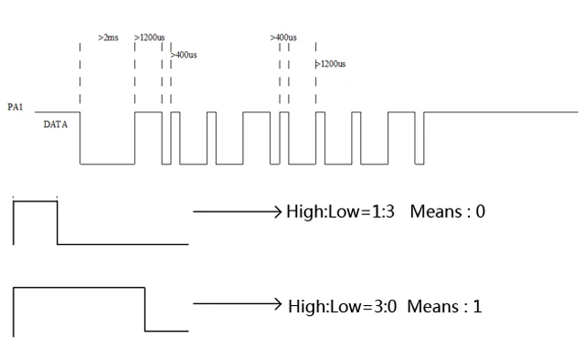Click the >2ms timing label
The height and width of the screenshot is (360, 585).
107,38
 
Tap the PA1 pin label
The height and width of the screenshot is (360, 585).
14,107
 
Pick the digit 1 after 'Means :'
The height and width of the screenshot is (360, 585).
477,306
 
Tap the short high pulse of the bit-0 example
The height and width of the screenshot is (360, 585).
35,201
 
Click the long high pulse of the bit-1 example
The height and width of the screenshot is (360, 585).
79,287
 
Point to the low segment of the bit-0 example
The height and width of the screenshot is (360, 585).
122,243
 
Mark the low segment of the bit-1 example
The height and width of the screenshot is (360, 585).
166,330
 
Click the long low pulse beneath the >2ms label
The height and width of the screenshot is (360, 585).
107,164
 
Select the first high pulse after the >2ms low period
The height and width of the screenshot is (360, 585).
148,112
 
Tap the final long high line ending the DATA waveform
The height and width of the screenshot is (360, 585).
499,112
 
